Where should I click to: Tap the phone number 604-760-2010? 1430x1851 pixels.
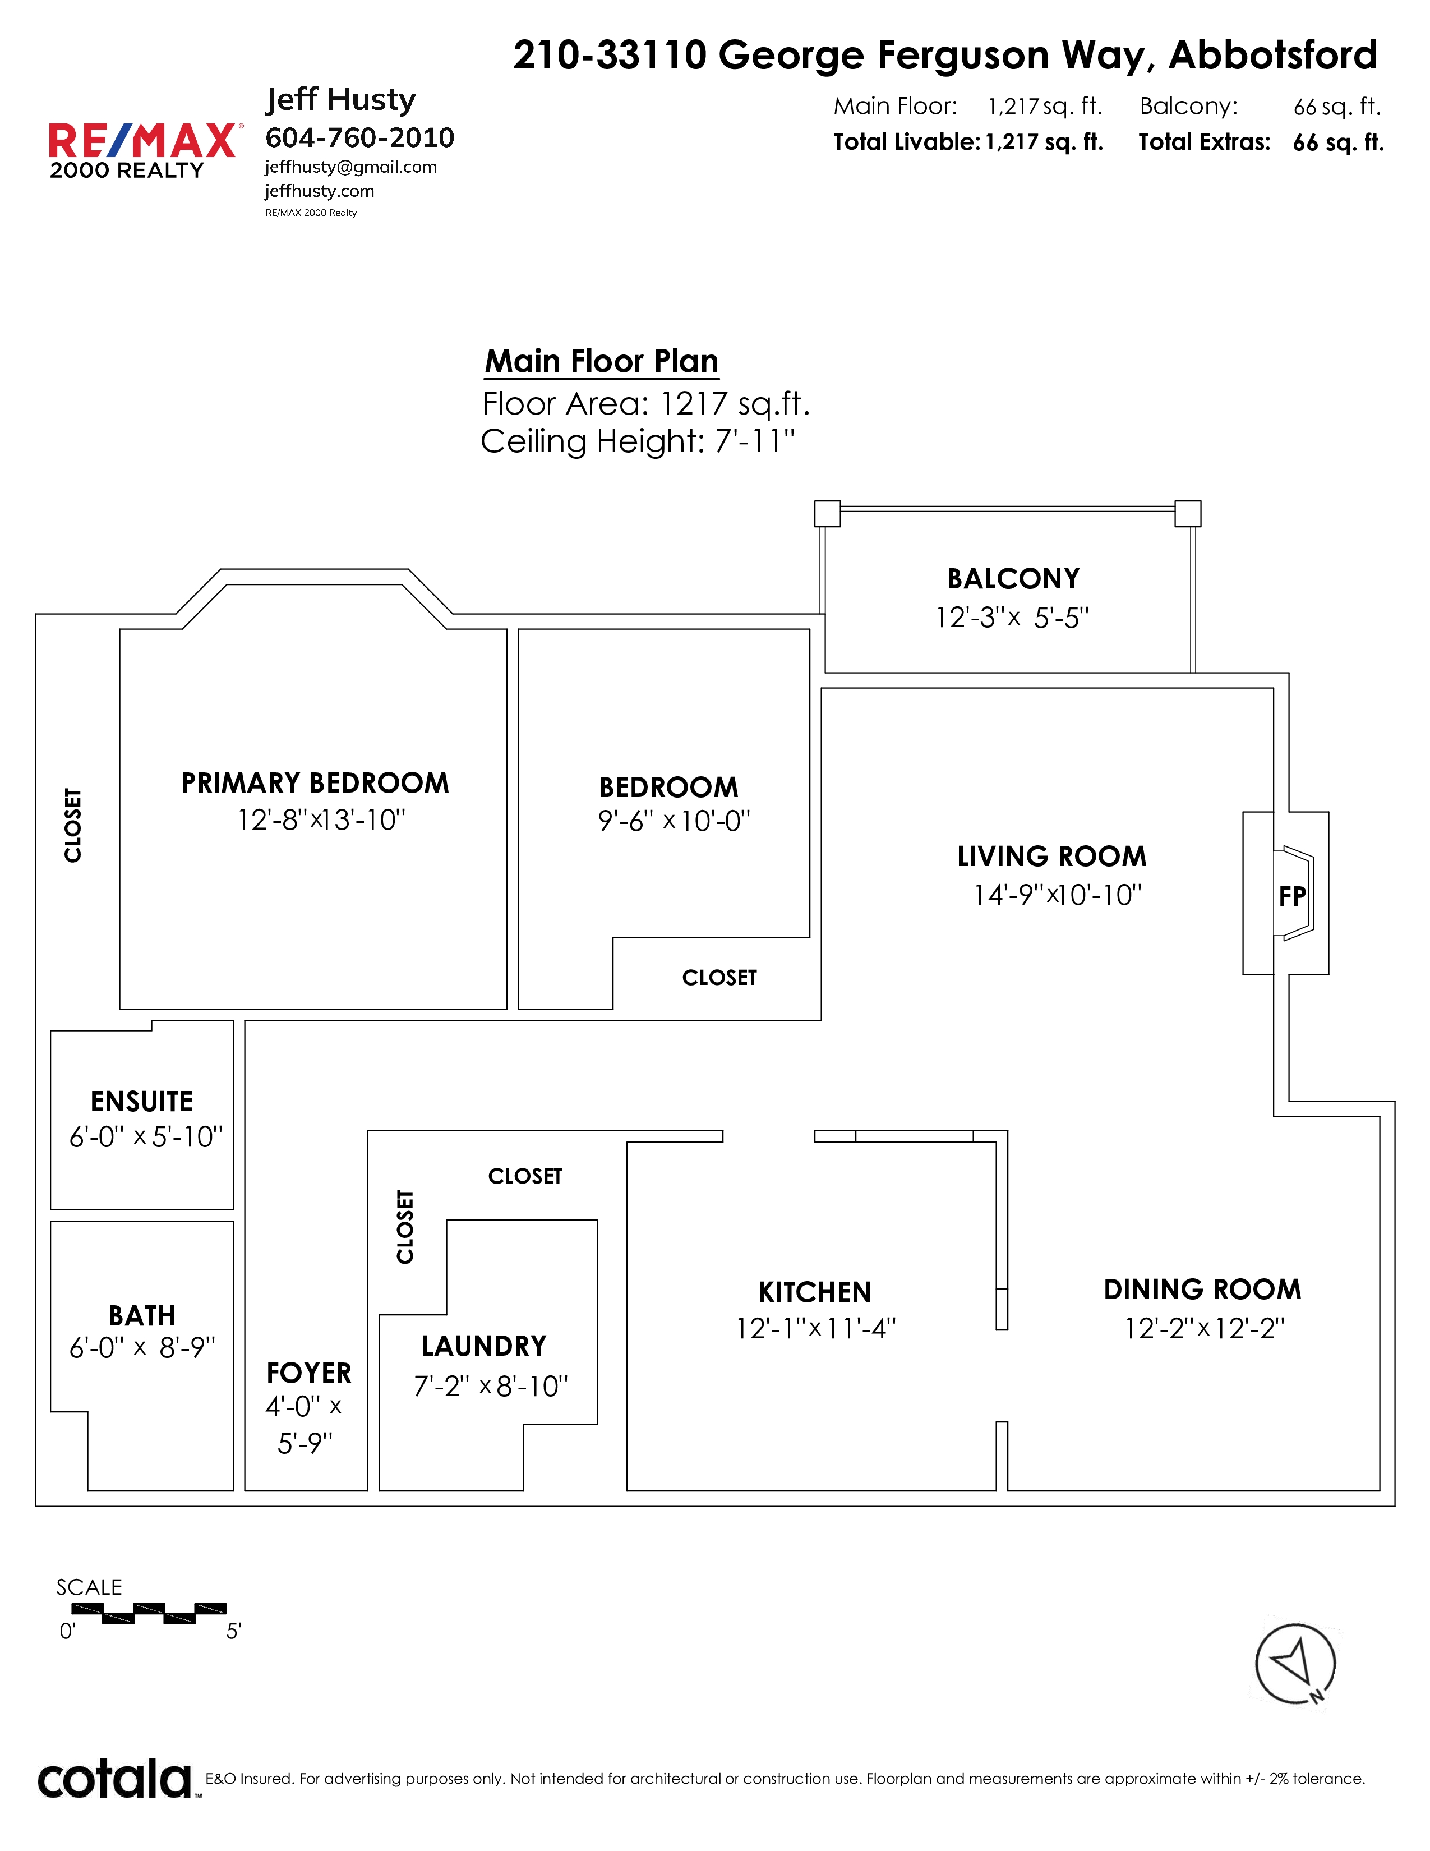coord(360,137)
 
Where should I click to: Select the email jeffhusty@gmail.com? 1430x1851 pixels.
coord(350,167)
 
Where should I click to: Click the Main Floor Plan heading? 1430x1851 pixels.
coord(602,361)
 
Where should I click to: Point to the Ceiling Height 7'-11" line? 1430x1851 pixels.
coord(638,441)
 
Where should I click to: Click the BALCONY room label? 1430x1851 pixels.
coord(1013,579)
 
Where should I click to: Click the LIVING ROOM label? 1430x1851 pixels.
coord(1051,856)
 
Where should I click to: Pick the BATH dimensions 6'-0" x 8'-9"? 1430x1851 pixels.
coord(142,1347)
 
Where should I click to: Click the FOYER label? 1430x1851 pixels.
coord(308,1373)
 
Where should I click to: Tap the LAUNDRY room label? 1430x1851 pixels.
coord(484,1346)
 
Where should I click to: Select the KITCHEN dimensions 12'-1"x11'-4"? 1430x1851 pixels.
coord(816,1329)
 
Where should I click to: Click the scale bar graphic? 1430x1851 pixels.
coord(149,1614)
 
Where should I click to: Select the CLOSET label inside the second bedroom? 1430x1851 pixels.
coord(719,978)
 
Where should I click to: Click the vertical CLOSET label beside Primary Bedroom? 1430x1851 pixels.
coord(73,826)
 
